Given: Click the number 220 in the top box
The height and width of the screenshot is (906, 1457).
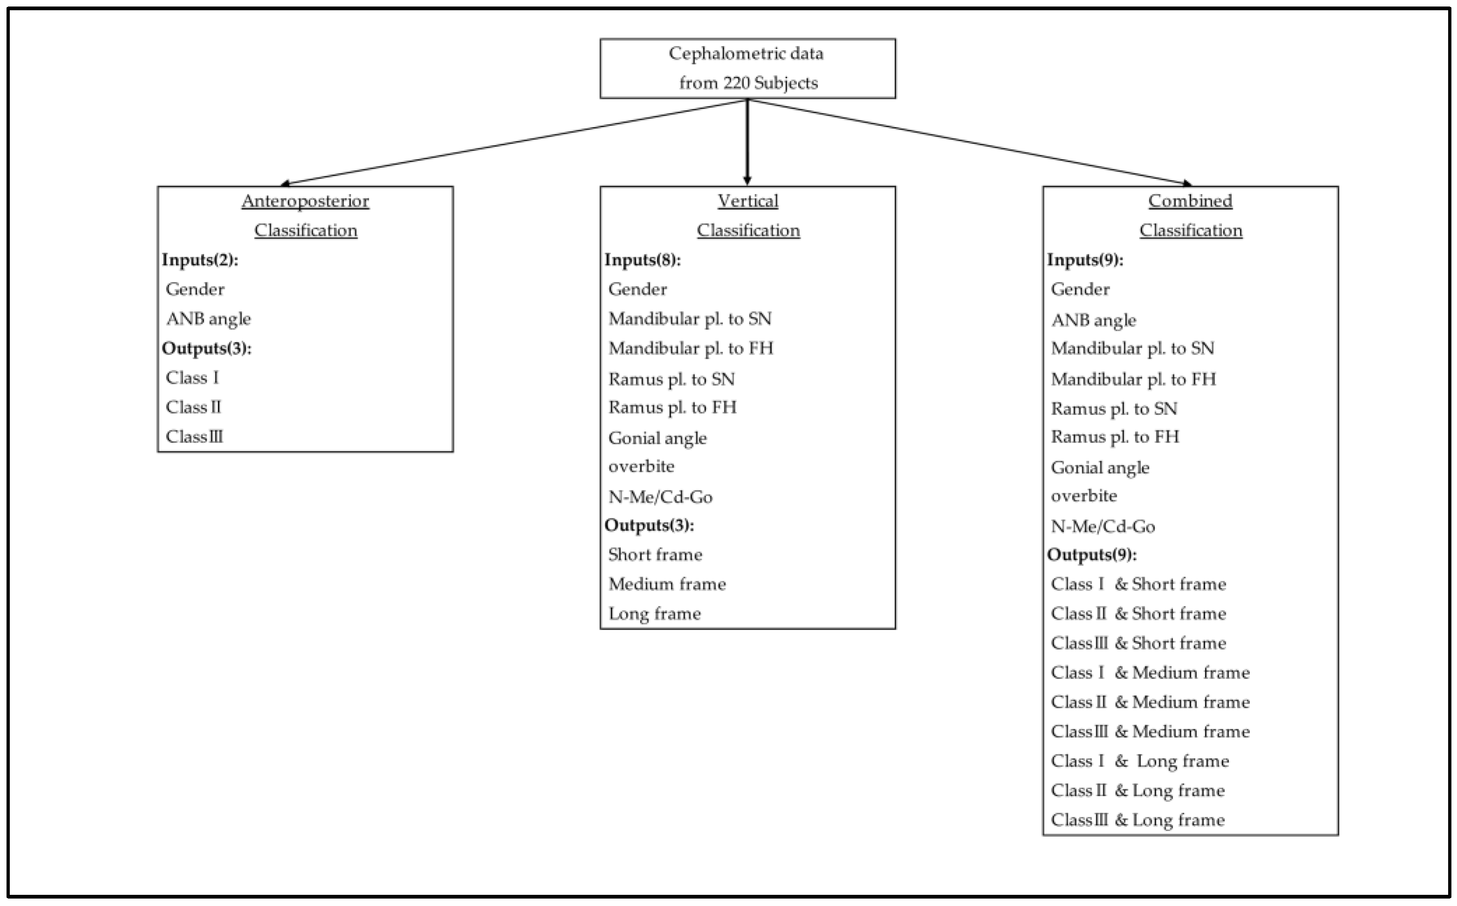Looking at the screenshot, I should click(736, 83).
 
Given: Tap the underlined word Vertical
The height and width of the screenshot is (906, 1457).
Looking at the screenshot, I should click(748, 201).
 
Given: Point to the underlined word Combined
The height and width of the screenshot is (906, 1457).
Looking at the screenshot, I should click(1190, 201).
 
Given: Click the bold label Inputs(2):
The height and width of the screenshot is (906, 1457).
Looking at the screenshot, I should click(200, 260).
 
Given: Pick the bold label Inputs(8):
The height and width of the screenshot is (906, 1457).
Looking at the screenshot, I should click(642, 260).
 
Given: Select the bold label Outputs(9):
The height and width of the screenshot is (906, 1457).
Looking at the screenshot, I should click(1092, 555).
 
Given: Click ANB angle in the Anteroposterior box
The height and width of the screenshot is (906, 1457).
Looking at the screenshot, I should click(208, 319).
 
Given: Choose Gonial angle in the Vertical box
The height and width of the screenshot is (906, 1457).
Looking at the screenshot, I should click(657, 438).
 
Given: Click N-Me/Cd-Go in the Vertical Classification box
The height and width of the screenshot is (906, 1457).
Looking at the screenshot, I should click(660, 497).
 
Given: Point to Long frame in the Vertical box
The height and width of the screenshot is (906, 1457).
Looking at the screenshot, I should click(654, 614).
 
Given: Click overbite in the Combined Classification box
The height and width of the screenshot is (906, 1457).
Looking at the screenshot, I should click(1084, 496).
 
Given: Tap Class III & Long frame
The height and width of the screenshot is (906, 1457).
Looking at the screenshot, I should click(1137, 820).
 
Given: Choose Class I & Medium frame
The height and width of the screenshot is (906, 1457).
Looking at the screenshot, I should click(1149, 672).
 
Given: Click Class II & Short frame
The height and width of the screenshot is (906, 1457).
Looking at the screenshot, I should click(1138, 614).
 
